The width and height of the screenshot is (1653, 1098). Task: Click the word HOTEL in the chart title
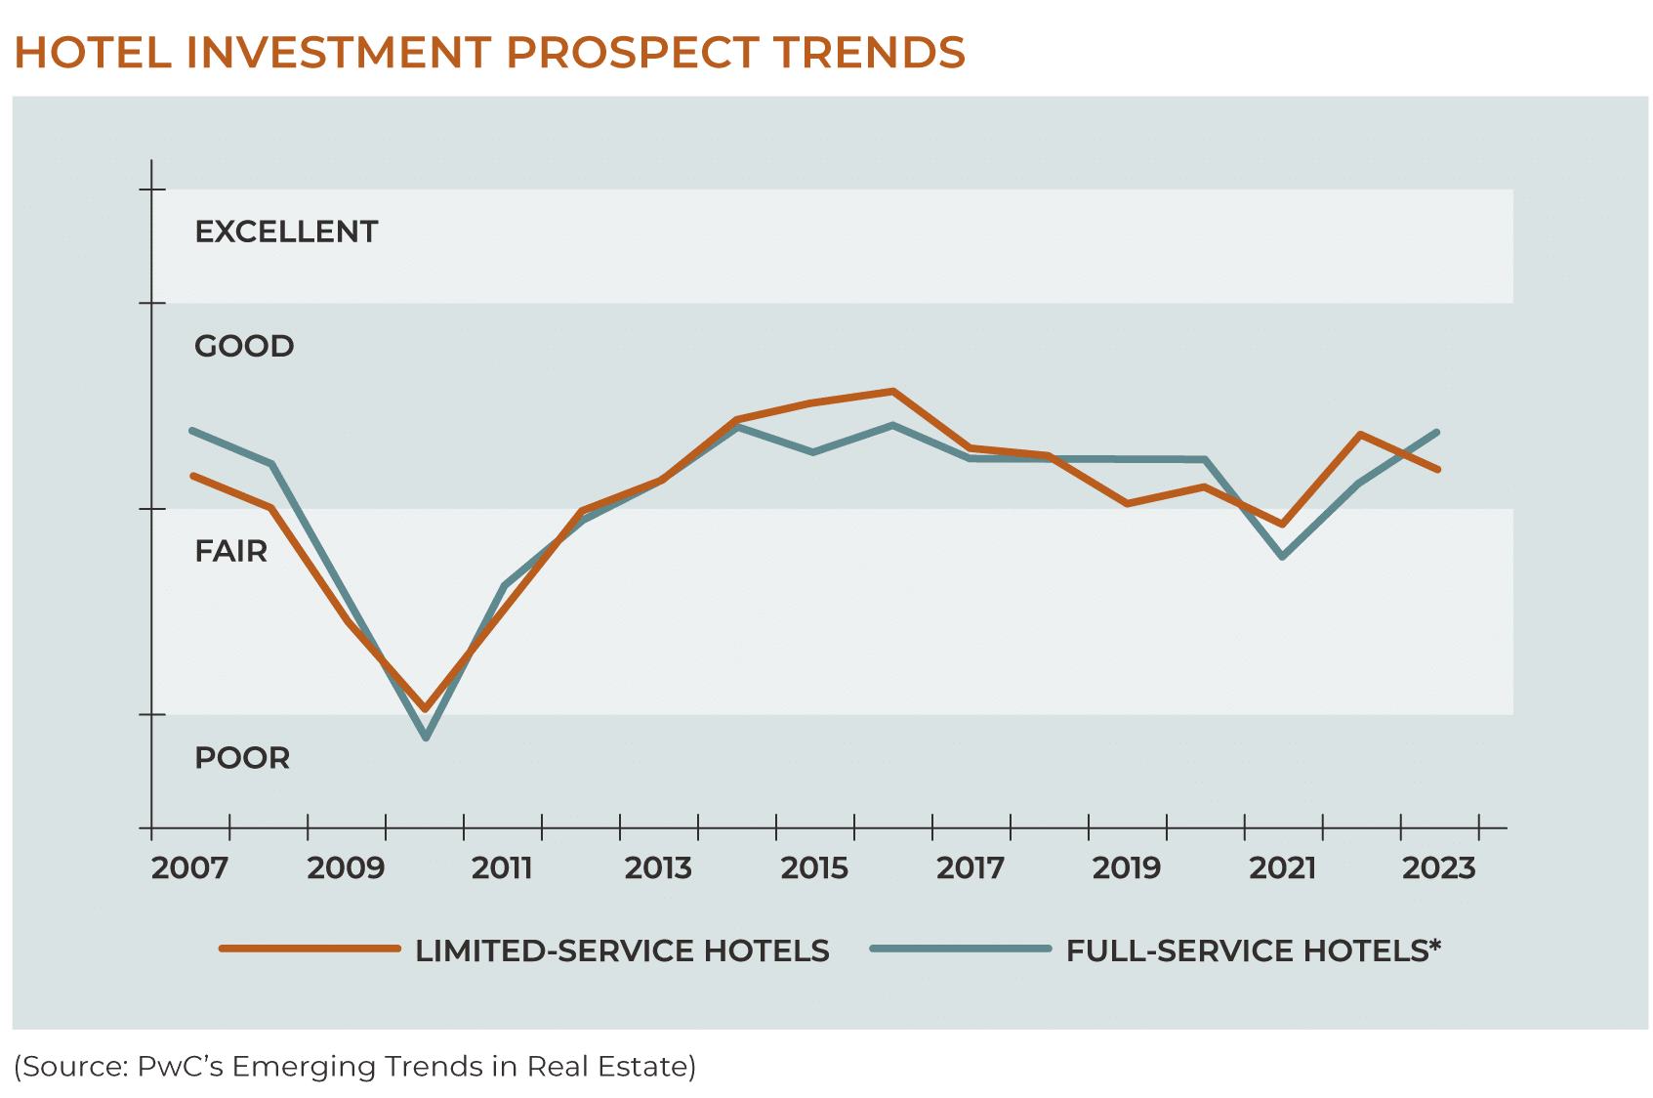pyautogui.click(x=93, y=53)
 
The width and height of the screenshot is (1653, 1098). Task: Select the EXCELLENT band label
pyautogui.click(x=286, y=232)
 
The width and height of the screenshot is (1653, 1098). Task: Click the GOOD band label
pyautogui.click(x=244, y=346)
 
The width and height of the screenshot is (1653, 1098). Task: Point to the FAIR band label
pyautogui.click(x=231, y=551)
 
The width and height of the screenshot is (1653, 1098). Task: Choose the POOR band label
pyautogui.click(x=242, y=758)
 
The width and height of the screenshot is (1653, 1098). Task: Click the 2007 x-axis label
pyautogui.click(x=189, y=867)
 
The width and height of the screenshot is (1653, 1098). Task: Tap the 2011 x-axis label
pyautogui.click(x=502, y=867)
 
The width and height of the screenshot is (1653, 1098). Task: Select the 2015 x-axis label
pyautogui.click(x=814, y=867)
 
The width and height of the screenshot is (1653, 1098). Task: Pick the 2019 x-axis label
pyautogui.click(x=1127, y=867)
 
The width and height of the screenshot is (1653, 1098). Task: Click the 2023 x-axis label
pyautogui.click(x=1439, y=867)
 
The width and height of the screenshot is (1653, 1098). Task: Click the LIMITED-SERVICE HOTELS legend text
pyautogui.click(x=622, y=950)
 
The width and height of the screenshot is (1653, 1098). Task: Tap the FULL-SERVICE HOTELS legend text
pyautogui.click(x=1253, y=950)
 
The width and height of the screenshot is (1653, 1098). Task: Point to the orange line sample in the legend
pyautogui.click(x=310, y=949)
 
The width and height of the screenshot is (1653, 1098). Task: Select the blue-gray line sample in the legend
pyautogui.click(x=961, y=949)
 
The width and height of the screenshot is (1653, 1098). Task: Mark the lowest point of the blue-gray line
pyautogui.click(x=426, y=738)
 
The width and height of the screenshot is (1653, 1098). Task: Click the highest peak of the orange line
pyautogui.click(x=892, y=392)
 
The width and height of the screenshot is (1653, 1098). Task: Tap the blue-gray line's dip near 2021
pyautogui.click(x=1282, y=557)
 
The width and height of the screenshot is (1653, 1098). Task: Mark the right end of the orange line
pyautogui.click(x=1438, y=470)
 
